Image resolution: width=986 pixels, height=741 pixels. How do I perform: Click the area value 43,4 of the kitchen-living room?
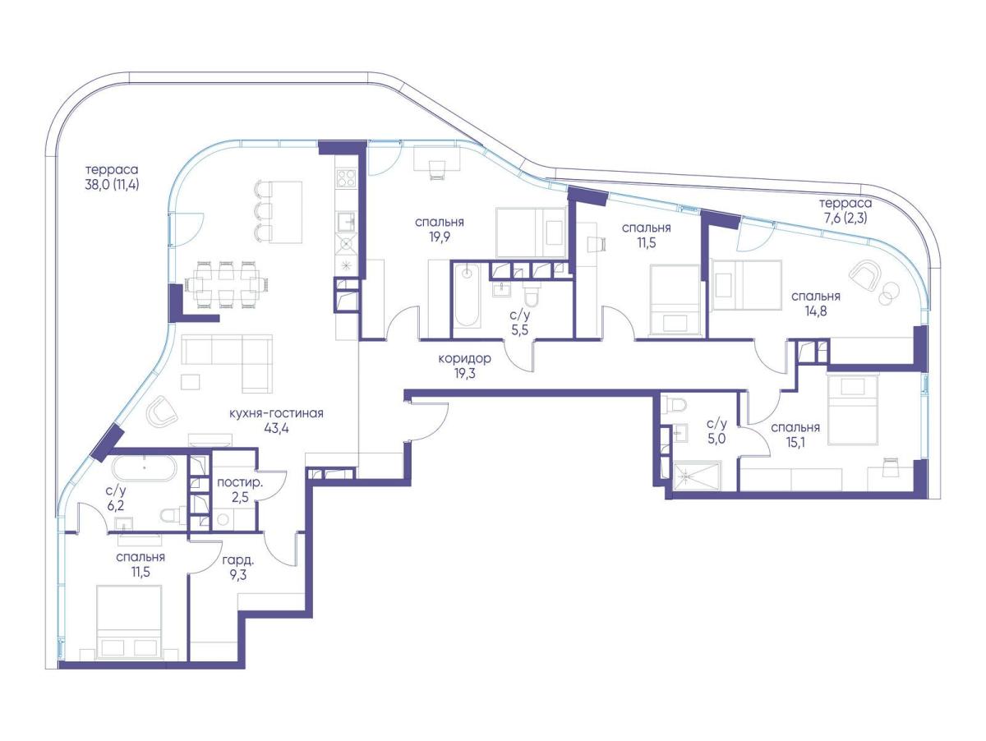276,428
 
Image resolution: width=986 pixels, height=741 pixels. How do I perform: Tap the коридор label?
464,358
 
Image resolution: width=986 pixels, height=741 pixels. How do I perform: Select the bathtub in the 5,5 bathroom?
467,294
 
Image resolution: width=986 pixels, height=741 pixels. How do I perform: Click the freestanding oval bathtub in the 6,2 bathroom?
144,468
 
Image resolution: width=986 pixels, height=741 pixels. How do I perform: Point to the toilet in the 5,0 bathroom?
676,404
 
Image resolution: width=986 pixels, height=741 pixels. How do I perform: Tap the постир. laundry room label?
239,483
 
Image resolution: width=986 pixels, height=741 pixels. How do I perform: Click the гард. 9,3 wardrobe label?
238,567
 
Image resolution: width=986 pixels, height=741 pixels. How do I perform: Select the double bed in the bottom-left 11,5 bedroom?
129,623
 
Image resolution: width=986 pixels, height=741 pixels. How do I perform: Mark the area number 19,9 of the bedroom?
440,237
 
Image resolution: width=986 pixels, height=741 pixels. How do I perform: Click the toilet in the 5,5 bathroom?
533,294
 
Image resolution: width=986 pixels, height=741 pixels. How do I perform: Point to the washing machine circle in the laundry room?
223,519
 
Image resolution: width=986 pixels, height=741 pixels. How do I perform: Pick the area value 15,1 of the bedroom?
796,443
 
